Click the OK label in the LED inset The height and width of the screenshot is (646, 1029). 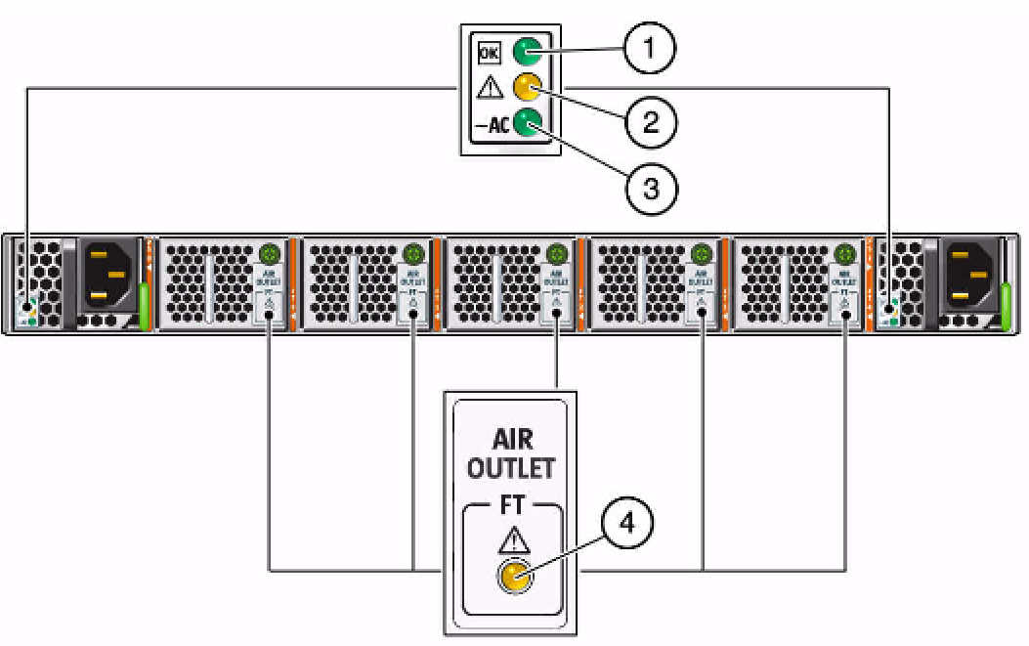[x=486, y=50]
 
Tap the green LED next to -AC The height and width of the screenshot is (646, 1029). [x=529, y=123]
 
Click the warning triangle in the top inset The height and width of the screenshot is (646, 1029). [x=487, y=89]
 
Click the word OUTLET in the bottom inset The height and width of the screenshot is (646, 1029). [x=510, y=468]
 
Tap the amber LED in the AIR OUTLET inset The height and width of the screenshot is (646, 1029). [x=512, y=579]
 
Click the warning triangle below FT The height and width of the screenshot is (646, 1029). [x=512, y=540]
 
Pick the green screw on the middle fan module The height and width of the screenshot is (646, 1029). [x=557, y=255]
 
